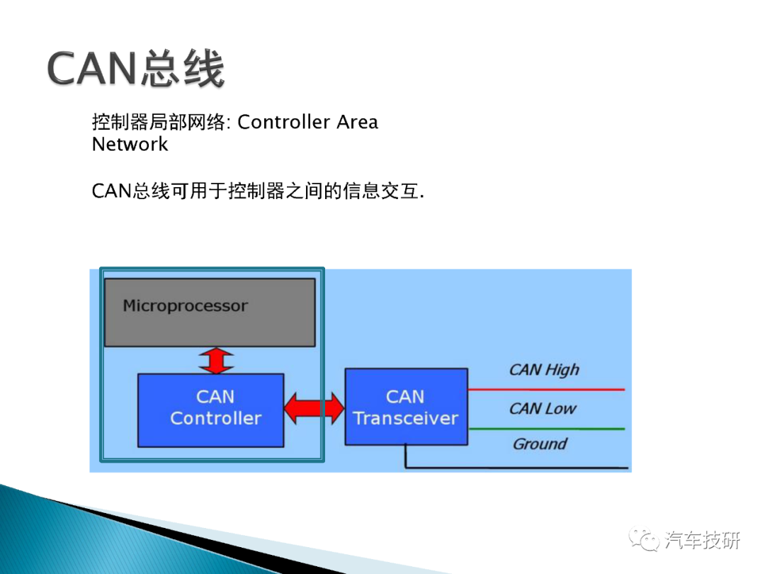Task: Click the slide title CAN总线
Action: pos(135,69)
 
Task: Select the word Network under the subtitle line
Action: pos(130,145)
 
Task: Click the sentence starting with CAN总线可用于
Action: pos(258,191)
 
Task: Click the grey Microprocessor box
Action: pos(210,313)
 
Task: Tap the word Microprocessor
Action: pos(186,306)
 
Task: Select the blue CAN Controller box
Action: pos(211,410)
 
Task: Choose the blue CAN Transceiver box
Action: pos(407,407)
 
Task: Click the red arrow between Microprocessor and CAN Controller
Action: pos(216,361)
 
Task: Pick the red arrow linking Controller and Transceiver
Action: pos(314,408)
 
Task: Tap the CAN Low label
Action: pos(543,409)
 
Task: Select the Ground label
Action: pos(540,444)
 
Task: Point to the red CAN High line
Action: pos(546,390)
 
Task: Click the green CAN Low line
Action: pos(546,429)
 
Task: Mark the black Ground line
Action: pos(517,468)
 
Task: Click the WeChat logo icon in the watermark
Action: pos(644,539)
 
